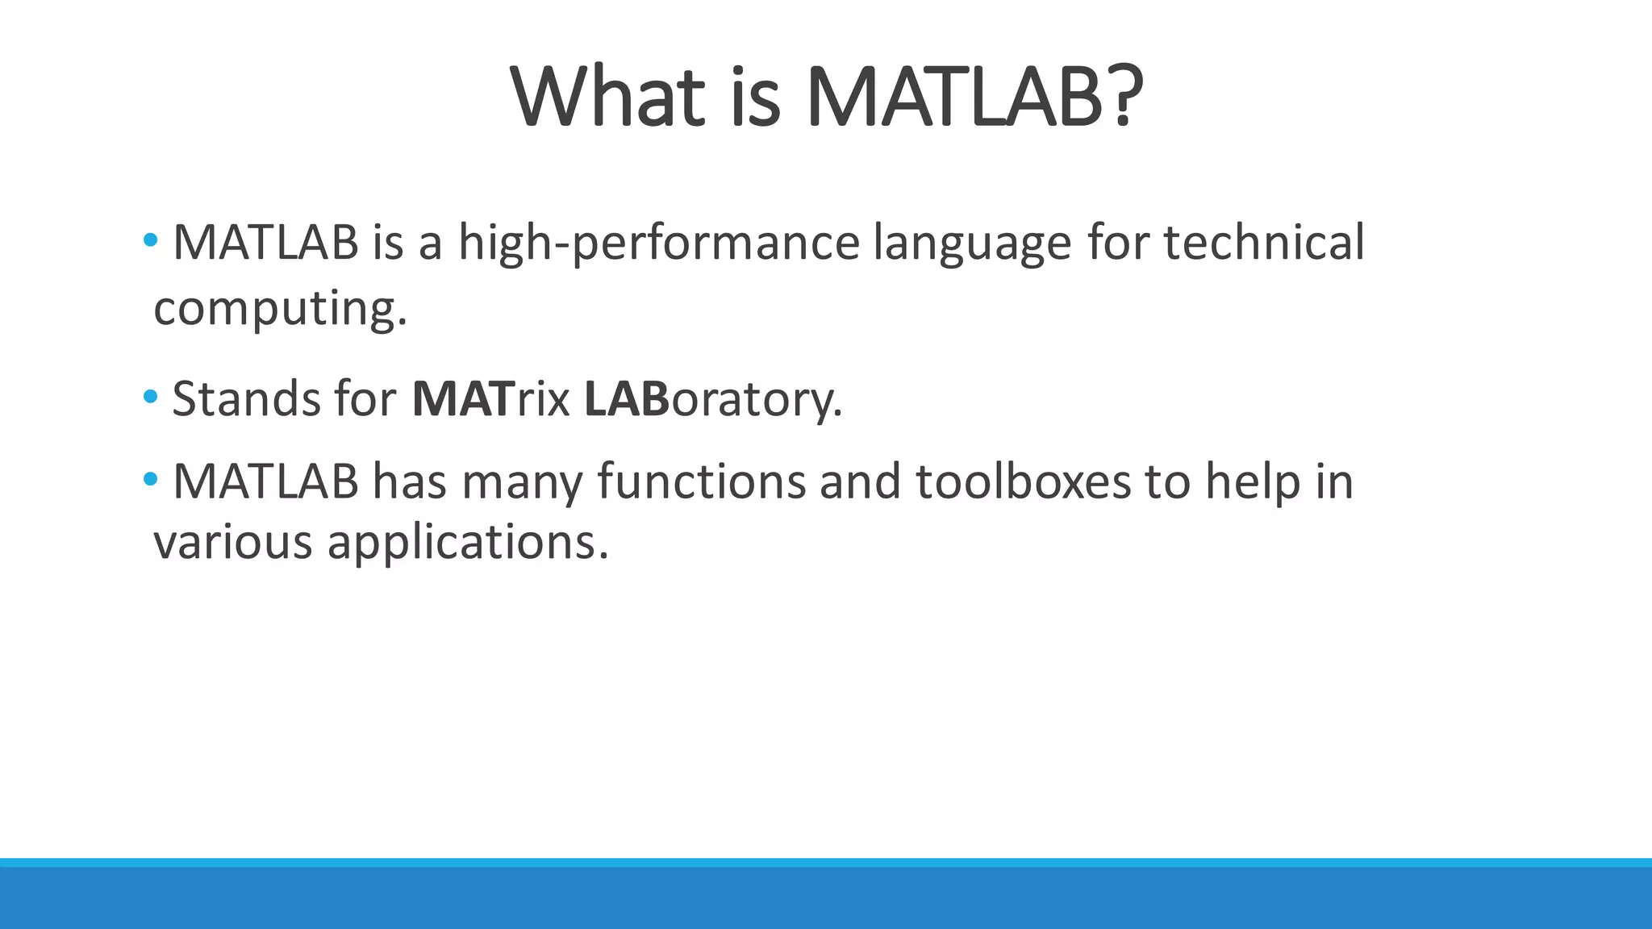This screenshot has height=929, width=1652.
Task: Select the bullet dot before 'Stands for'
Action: point(150,397)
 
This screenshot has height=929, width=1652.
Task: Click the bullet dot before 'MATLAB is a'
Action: point(150,240)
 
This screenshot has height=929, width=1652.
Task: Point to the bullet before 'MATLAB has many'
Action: point(150,480)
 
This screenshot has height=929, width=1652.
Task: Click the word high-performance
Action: point(659,244)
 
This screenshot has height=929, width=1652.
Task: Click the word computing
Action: point(280,310)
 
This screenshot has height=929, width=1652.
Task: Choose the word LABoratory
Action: point(712,400)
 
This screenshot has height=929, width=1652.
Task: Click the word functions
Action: point(701,481)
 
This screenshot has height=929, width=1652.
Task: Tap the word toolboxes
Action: point(1023,481)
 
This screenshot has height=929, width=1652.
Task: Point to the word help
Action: point(1253,483)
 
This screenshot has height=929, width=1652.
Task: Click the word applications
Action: point(467,544)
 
